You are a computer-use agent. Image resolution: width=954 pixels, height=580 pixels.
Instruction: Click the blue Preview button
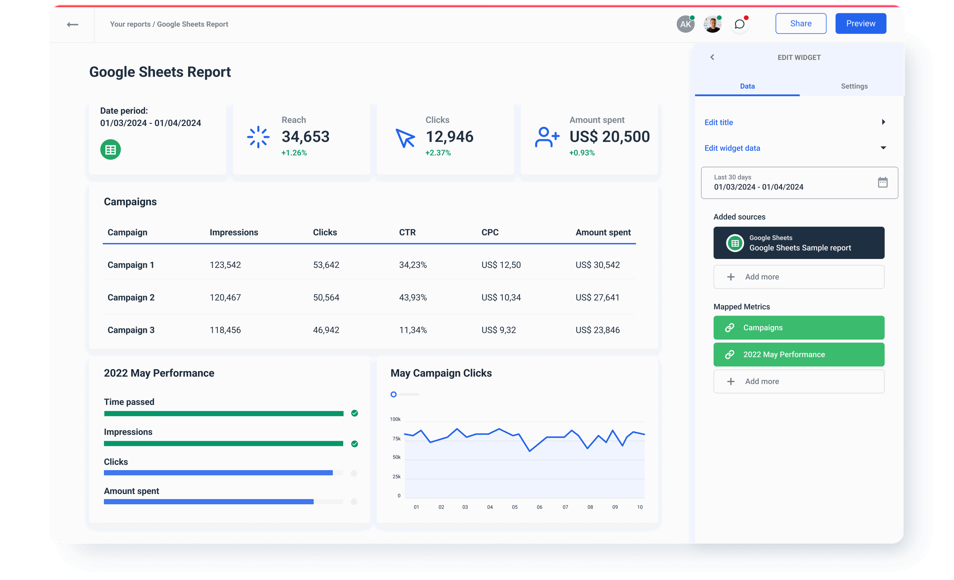(860, 23)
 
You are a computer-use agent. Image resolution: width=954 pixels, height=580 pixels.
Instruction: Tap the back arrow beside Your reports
(72, 25)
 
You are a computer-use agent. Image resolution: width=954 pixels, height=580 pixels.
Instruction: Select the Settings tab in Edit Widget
(854, 86)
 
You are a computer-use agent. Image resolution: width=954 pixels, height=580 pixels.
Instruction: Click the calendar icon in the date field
(882, 182)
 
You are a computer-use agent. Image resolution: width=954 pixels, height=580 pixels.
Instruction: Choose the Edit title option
(719, 123)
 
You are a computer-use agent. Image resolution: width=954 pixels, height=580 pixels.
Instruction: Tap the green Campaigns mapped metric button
(798, 328)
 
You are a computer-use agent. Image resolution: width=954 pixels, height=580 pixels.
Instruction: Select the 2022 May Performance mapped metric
(798, 355)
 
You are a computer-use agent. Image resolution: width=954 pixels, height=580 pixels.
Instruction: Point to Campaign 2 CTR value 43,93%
(413, 298)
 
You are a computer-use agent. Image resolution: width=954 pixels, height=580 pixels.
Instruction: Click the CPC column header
(490, 232)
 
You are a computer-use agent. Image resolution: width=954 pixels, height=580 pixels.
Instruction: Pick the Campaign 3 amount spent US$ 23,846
(597, 330)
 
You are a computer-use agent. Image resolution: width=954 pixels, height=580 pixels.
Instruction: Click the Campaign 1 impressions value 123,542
(225, 265)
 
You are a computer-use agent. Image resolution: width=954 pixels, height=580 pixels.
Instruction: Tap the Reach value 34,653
(306, 137)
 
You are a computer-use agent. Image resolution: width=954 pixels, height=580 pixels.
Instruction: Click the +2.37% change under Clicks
(438, 153)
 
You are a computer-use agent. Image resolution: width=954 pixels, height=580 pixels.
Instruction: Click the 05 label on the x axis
(514, 507)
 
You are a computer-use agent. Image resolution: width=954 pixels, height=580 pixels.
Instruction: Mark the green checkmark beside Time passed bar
(354, 413)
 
